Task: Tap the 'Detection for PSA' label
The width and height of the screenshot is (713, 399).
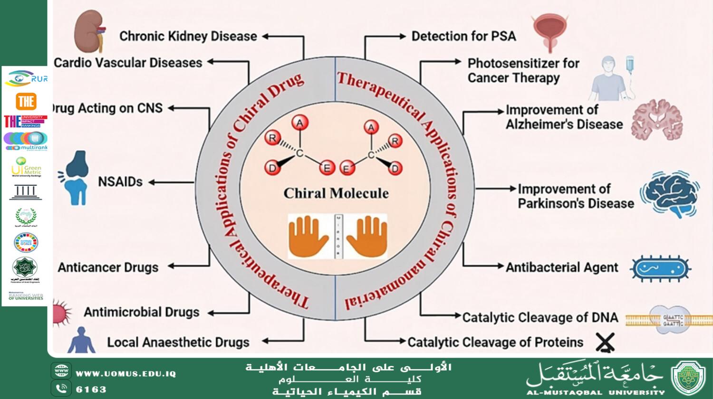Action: (x=463, y=36)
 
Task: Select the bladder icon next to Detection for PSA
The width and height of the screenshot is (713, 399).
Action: (x=550, y=31)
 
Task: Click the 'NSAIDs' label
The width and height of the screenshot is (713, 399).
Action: (x=120, y=181)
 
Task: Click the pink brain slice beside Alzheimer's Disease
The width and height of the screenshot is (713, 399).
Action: (x=657, y=120)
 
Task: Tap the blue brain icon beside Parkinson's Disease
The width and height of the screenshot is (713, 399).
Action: (x=670, y=194)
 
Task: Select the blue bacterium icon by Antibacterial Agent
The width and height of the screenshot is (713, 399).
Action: (x=660, y=269)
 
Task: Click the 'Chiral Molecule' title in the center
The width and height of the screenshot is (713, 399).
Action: (x=336, y=193)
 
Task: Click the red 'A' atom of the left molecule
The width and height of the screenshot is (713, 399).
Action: (x=300, y=123)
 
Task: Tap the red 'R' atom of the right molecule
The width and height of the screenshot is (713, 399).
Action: (x=395, y=141)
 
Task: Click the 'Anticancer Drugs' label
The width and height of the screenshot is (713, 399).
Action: (x=108, y=267)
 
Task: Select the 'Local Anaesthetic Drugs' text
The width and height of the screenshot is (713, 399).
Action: (x=178, y=342)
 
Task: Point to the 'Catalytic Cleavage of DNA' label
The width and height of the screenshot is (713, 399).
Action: (x=540, y=317)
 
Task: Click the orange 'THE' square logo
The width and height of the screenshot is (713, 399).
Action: (x=26, y=101)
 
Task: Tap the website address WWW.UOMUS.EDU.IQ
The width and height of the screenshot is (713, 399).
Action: (x=125, y=374)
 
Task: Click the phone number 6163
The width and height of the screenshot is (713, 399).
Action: (x=91, y=389)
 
